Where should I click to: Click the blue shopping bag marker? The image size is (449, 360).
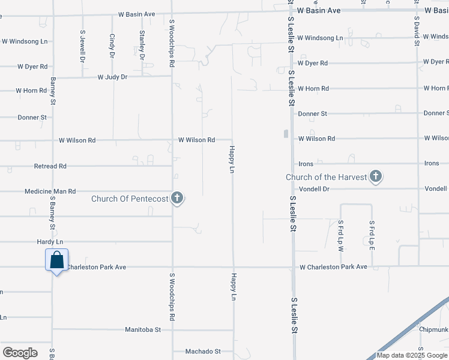[x=57, y=261]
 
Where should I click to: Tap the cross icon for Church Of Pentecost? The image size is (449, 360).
[x=177, y=198]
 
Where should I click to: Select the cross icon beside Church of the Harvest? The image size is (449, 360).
[x=376, y=176]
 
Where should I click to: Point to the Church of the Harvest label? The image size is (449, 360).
[x=326, y=177]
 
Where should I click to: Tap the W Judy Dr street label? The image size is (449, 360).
[x=113, y=77]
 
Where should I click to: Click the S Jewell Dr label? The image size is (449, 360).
[x=83, y=47]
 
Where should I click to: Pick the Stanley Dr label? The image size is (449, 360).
[x=142, y=44]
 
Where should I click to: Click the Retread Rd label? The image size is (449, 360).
[x=50, y=166]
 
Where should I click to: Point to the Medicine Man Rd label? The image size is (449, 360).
[x=50, y=191]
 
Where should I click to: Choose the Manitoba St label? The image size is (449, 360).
[x=143, y=329]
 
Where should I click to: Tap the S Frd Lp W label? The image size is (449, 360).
[x=340, y=232]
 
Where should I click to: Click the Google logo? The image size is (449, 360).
[x=20, y=353]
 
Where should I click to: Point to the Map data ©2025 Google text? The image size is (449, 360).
[x=412, y=355]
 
